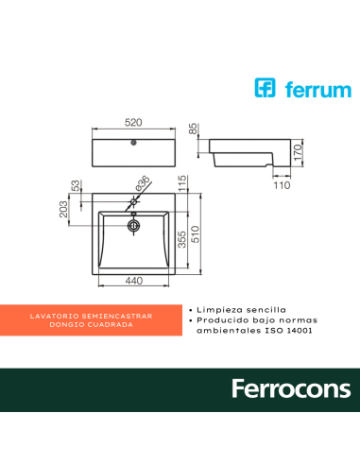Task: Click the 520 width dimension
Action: click(x=134, y=122)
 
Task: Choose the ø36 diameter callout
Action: click(x=143, y=184)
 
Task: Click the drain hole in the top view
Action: click(x=133, y=225)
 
